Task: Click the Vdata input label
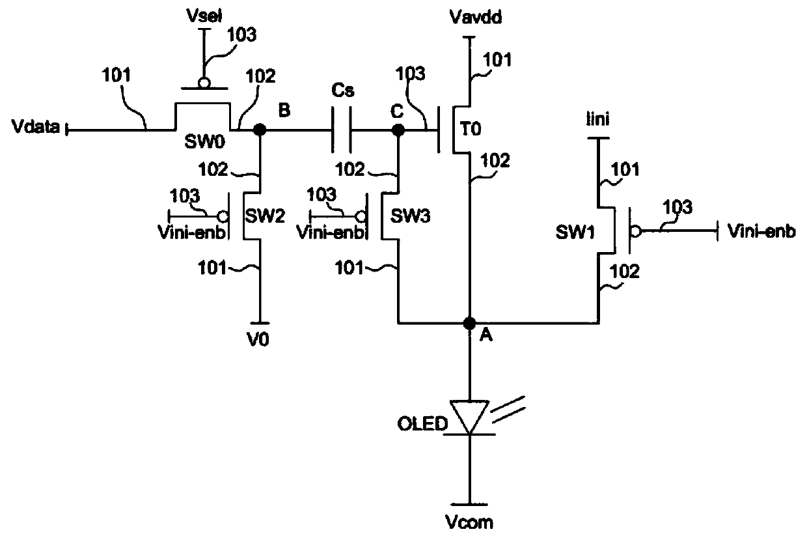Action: tap(35, 126)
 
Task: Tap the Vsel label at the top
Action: tap(204, 16)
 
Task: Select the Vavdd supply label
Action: tap(476, 17)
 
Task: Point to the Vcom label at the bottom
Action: tap(469, 522)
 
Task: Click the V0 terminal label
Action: tap(258, 339)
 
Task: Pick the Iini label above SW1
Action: tap(597, 119)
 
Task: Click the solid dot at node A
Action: tap(469, 323)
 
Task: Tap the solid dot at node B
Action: tap(260, 130)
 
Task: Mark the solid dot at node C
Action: tap(398, 130)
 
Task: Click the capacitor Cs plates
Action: tap(341, 130)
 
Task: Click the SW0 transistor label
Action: tap(204, 142)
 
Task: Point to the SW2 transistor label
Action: tap(265, 216)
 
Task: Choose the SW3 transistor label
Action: tap(411, 216)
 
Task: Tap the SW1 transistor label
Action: tap(575, 232)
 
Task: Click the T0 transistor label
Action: tap(471, 129)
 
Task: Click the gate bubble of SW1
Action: tap(636, 231)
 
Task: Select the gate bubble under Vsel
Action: tap(204, 83)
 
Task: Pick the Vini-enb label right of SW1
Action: tap(761, 231)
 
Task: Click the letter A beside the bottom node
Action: tap(486, 335)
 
